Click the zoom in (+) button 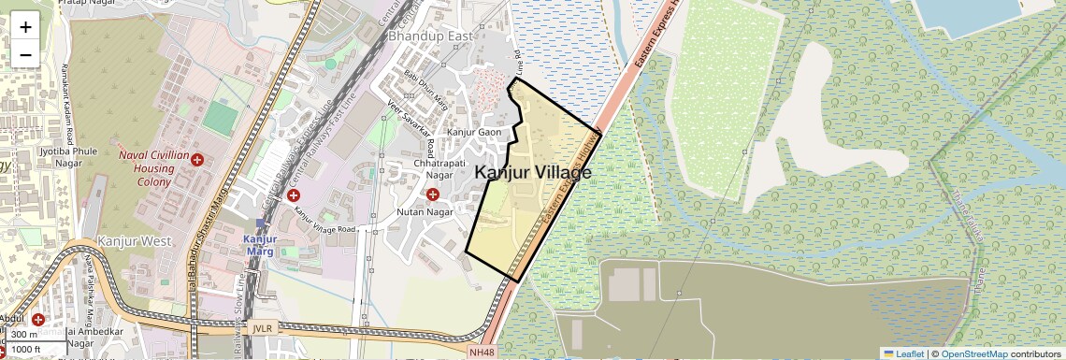(x=25, y=26)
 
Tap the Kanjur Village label (x=533, y=173)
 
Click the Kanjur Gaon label (x=476, y=133)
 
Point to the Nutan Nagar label (x=425, y=212)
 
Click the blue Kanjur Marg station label (x=258, y=245)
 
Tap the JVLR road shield (x=262, y=328)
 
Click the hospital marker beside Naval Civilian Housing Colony (x=196, y=161)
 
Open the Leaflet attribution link (x=903, y=353)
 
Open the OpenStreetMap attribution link (x=973, y=353)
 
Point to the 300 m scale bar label (x=25, y=335)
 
